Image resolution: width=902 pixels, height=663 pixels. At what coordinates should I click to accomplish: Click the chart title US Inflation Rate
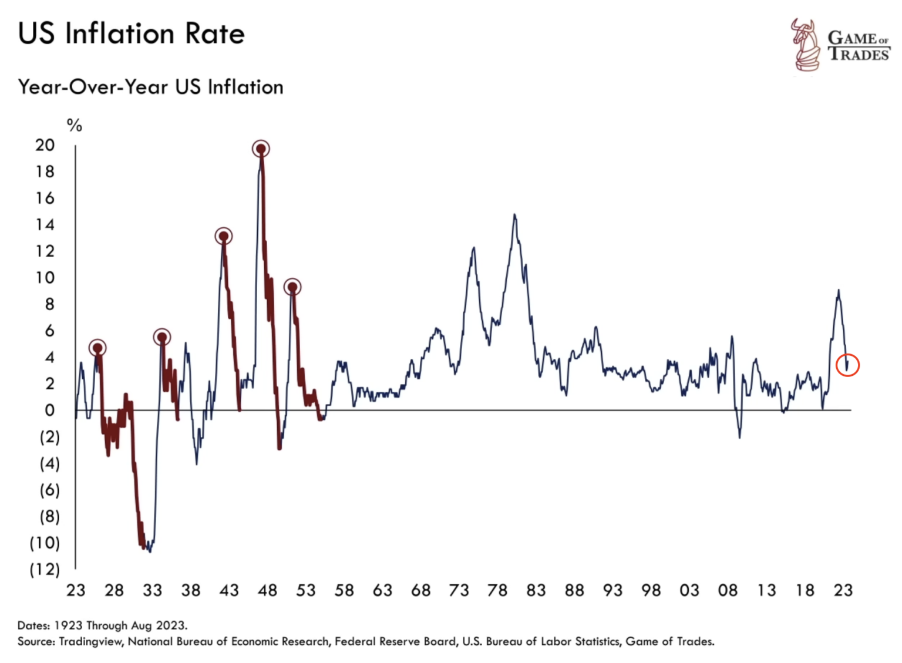pos(131,33)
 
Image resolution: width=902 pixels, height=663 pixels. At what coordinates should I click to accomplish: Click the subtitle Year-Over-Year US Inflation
pos(150,87)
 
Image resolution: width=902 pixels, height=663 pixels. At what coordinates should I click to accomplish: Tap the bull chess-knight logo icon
pos(805,45)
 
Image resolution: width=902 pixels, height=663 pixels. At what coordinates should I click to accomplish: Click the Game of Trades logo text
pos(858,46)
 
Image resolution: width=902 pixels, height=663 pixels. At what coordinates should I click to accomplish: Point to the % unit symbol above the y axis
pos(75,125)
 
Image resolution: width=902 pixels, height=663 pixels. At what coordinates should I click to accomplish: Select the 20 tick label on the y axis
pos(45,145)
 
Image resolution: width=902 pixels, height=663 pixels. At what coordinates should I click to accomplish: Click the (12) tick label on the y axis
pos(45,569)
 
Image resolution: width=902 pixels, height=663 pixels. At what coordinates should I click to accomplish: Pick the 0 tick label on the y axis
pos(50,410)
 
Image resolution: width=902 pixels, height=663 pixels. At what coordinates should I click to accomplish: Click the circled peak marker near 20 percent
pos(261,149)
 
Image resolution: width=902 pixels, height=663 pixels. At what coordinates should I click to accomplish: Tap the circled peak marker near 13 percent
pos(224,236)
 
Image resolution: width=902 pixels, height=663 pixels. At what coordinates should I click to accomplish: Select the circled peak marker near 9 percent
pos(292,287)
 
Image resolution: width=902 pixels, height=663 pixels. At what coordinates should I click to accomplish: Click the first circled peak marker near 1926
pos(97,348)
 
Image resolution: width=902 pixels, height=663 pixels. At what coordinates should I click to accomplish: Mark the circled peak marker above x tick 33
pos(162,337)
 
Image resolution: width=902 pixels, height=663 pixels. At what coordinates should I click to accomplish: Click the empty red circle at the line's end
pos(847,365)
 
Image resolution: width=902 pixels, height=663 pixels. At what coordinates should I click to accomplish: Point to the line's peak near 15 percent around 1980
pos(515,215)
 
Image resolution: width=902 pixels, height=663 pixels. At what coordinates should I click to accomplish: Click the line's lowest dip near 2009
pos(739,436)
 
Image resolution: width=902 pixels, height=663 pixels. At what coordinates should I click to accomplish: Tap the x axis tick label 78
pos(497,590)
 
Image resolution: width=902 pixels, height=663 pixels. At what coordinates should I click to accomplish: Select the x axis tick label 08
pos(728,590)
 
